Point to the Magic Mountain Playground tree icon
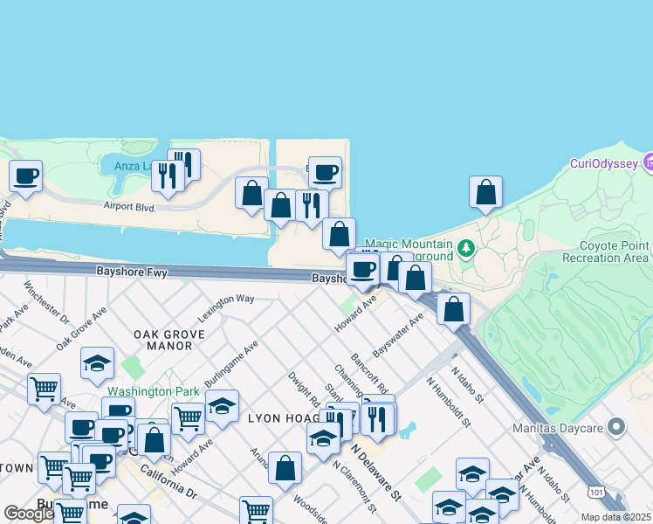466,250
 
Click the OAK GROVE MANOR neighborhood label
169,340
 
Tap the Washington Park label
152,391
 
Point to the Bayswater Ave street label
397,335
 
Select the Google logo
29,514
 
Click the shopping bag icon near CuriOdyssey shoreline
485,192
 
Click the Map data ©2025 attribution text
616,517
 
